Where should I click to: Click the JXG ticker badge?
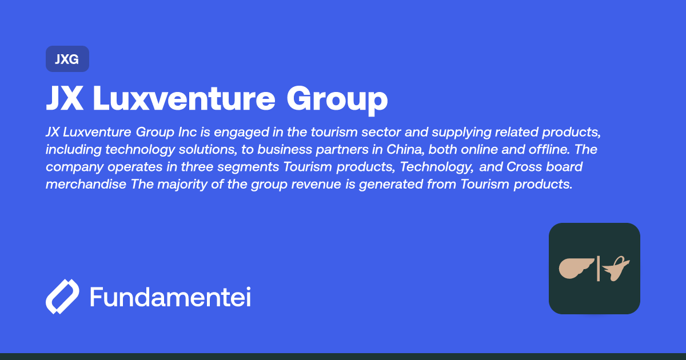click(x=67, y=59)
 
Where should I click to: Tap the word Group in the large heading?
click(x=337, y=99)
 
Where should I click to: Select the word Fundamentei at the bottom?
click(x=170, y=298)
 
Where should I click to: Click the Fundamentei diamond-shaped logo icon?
click(x=62, y=297)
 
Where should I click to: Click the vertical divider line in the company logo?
click(x=598, y=269)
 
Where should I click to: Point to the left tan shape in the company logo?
click(x=576, y=268)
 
